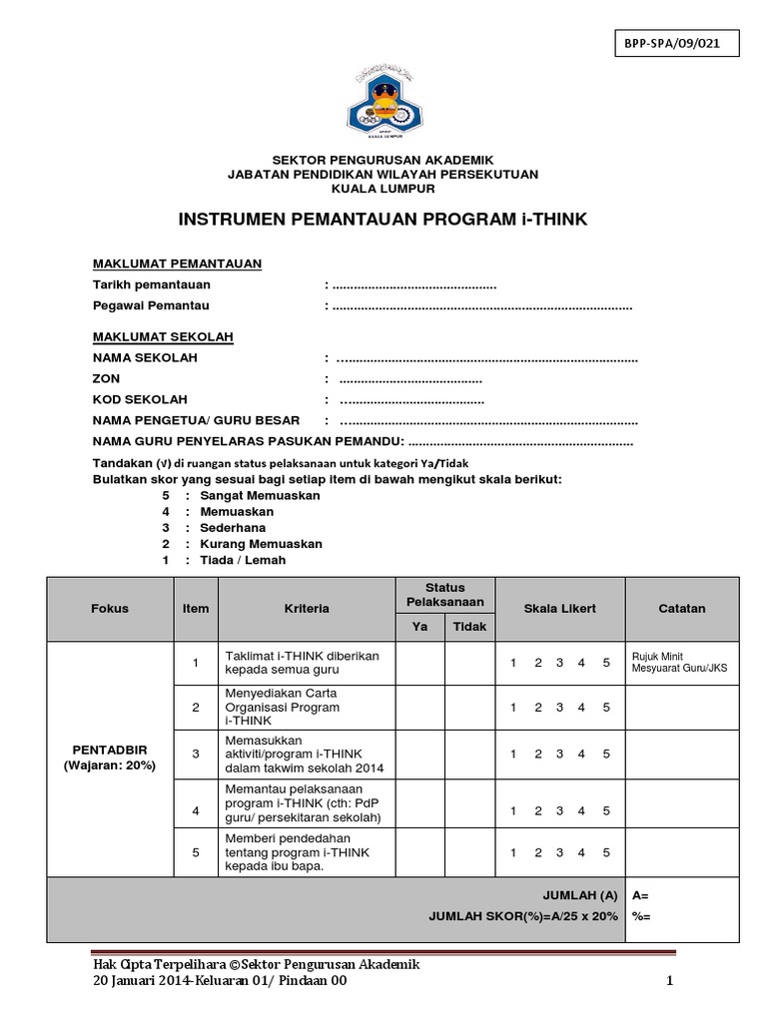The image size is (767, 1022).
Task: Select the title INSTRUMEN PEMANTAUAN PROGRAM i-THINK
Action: [x=383, y=220]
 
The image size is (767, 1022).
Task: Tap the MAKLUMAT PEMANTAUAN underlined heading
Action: [x=177, y=263]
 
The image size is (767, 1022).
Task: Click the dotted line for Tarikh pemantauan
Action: [x=414, y=285]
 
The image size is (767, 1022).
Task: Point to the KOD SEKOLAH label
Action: [x=140, y=399]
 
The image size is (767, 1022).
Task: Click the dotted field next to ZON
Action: [x=410, y=379]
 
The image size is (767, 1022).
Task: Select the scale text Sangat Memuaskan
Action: [x=260, y=495]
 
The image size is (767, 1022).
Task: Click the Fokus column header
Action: [x=110, y=608]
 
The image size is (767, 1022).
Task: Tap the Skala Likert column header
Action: [x=560, y=608]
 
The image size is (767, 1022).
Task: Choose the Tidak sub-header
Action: [x=470, y=627]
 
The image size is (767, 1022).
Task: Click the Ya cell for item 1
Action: [x=419, y=663]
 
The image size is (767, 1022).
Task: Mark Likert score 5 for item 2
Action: [x=605, y=708]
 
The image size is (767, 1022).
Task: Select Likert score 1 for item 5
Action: [x=513, y=852]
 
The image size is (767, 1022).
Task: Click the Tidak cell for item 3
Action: [x=470, y=754]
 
